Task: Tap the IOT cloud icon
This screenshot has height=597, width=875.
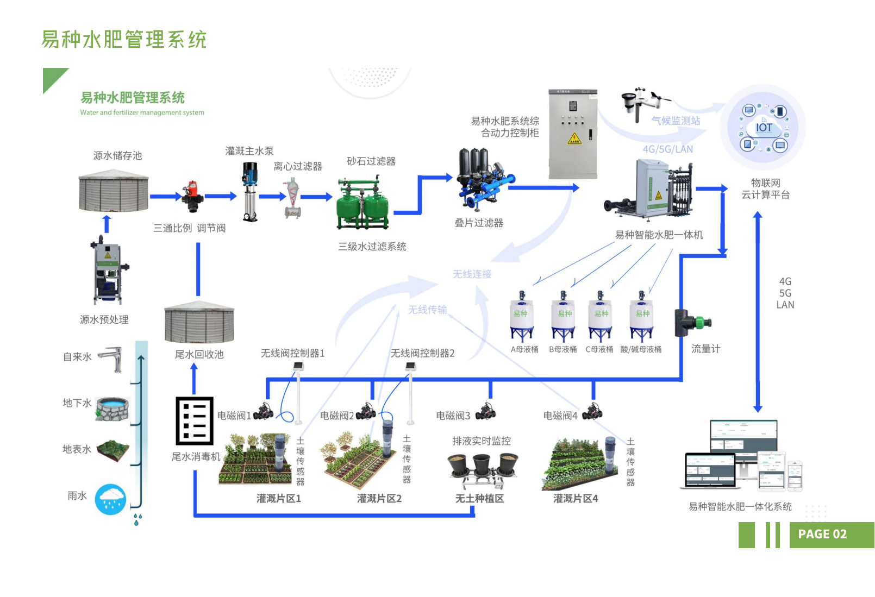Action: tap(764, 128)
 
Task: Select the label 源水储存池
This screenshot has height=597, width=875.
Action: tap(117, 156)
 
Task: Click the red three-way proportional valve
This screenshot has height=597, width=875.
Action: tap(192, 197)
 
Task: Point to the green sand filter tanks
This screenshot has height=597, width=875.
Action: tap(362, 205)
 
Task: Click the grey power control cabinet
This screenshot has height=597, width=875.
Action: tap(573, 134)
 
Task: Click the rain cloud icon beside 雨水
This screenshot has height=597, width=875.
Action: tap(110, 499)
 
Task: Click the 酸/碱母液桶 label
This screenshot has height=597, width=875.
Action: tap(641, 349)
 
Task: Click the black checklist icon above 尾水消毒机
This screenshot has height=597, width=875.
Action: tap(194, 421)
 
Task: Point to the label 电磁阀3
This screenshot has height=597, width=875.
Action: tap(453, 416)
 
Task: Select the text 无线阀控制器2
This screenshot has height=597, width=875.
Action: tap(422, 353)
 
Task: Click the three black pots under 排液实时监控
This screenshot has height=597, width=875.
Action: tap(483, 467)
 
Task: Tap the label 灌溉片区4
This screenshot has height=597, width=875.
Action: tap(576, 499)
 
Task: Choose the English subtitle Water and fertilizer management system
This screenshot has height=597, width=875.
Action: tap(142, 113)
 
